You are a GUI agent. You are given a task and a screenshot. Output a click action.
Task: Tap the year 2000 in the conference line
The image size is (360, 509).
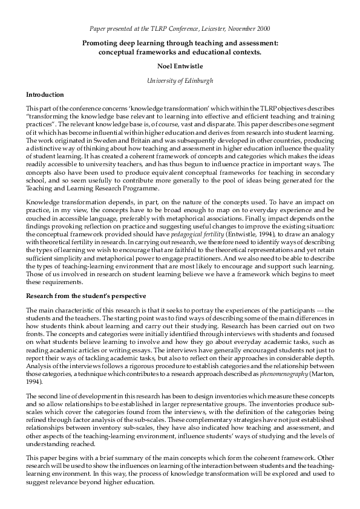[x=261, y=29]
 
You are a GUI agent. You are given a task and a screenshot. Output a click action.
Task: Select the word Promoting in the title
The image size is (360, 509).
[x=103, y=43]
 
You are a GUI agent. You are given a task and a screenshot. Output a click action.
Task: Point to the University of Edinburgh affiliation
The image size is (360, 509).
[x=180, y=80]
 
